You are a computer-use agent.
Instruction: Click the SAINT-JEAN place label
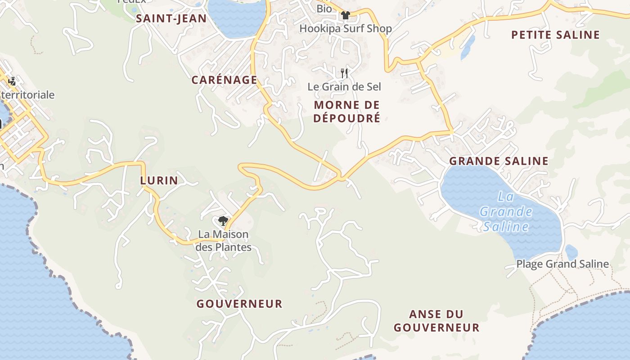click(171, 18)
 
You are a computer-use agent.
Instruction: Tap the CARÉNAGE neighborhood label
click(224, 80)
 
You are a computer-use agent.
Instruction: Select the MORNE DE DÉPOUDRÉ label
click(347, 111)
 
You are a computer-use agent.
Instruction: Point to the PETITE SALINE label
click(556, 35)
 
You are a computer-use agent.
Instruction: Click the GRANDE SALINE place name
click(499, 161)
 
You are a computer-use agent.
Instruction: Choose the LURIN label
click(159, 180)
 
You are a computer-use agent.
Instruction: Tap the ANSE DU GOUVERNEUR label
click(436, 320)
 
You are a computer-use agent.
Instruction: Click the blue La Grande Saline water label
click(506, 211)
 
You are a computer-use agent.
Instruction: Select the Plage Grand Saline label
click(562, 264)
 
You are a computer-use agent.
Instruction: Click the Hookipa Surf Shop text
click(346, 28)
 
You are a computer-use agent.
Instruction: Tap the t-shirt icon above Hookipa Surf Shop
click(345, 15)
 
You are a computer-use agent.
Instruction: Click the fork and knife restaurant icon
click(345, 73)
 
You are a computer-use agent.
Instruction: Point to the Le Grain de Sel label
click(344, 86)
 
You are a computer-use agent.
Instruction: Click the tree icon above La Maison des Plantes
click(223, 220)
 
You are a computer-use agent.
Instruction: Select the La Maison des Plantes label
click(223, 241)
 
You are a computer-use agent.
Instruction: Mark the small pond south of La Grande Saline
click(571, 252)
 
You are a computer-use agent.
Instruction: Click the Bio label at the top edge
click(324, 8)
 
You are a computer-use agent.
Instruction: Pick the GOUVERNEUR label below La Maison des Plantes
click(239, 304)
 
